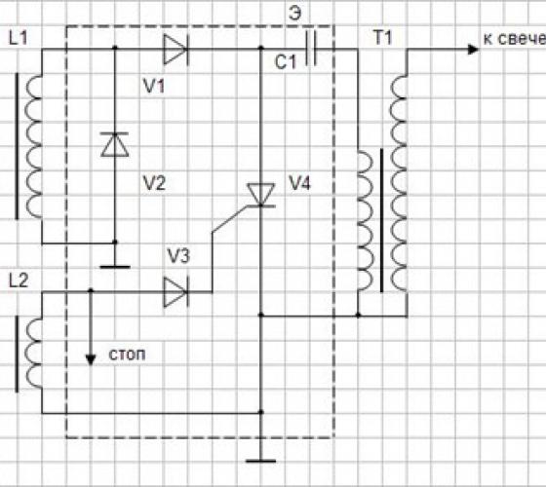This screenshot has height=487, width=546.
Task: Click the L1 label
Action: click(19, 38)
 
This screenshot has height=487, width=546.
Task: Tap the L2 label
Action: click(19, 281)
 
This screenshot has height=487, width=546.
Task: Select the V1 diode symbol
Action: click(175, 50)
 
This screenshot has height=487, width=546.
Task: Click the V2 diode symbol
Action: click(115, 144)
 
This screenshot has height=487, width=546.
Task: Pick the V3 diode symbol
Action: click(175, 292)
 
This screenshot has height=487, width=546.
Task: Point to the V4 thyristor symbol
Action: click(261, 195)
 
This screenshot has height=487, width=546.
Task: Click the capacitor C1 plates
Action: click(311, 48)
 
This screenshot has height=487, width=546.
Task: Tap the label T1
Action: click(383, 37)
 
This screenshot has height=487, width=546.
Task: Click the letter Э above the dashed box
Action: click(294, 14)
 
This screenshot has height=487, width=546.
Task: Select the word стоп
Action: click(127, 355)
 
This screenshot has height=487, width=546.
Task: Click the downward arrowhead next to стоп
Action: click(91, 359)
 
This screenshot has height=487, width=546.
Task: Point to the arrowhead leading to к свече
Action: click(473, 50)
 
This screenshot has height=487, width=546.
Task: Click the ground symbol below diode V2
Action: click(115, 267)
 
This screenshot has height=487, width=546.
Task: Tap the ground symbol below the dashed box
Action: click(261, 461)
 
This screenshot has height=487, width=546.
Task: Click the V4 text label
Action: click(299, 183)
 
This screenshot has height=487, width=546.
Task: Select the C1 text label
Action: click(285, 62)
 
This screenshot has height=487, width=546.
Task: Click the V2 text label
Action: click(154, 183)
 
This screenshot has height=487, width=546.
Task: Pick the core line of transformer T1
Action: click(381, 220)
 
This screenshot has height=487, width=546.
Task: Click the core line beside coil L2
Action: click(17, 354)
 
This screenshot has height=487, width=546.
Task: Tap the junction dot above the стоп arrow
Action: click(91, 290)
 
